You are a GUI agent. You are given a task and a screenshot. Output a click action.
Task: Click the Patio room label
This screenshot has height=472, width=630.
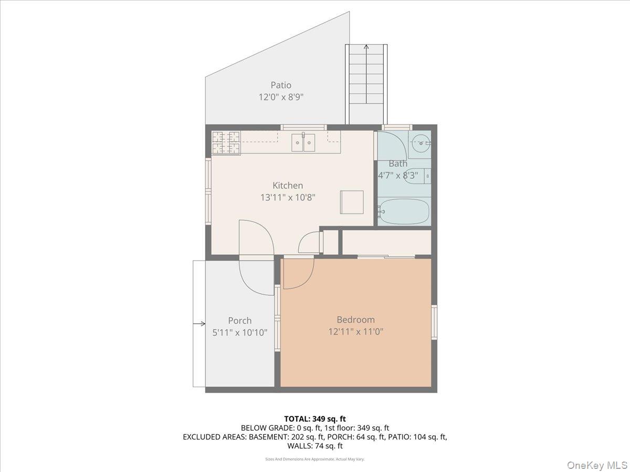click(281, 85)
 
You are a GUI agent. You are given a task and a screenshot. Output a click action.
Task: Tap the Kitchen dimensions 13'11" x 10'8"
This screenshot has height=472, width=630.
click(288, 197)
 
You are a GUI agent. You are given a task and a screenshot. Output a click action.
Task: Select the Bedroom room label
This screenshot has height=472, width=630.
click(355, 319)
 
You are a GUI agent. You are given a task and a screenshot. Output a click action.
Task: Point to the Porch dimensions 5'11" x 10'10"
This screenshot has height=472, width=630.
click(240, 332)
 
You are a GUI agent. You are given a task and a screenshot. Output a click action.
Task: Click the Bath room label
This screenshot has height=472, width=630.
click(398, 164)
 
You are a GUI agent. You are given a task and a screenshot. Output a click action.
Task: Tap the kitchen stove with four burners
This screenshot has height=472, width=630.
click(226, 143)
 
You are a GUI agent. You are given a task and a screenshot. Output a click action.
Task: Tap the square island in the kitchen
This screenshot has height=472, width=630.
click(352, 202)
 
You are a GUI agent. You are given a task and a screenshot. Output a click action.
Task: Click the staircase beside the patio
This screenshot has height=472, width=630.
click(366, 84)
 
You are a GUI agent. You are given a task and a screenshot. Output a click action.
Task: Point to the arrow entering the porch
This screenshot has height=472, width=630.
click(199, 324)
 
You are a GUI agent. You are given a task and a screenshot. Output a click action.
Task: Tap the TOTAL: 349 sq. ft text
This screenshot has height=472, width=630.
click(315, 419)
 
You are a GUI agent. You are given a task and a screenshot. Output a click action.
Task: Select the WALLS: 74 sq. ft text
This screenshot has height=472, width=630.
click(315, 446)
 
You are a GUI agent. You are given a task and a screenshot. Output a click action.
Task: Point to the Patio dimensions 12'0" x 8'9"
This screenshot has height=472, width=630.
click(281, 97)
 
